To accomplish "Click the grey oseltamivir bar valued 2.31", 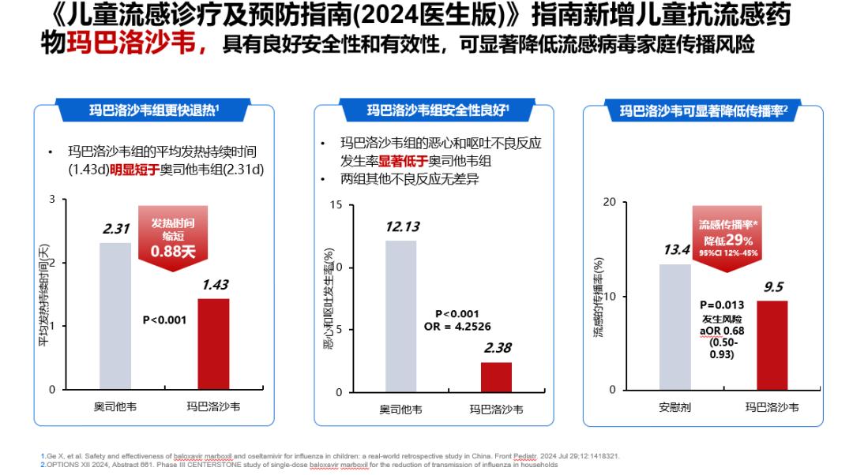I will [115, 316].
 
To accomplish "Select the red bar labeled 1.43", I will [212, 344].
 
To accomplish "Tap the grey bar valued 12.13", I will [400, 316].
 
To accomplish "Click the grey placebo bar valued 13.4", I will [675, 327].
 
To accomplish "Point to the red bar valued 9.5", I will [772, 345].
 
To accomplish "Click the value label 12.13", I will [402, 227].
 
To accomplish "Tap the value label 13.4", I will [676, 250].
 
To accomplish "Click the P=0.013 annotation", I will [722, 305].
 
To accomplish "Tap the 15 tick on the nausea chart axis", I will [337, 206].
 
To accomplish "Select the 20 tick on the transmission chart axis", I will [609, 202].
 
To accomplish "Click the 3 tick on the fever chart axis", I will [52, 200].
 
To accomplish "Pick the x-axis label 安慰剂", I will [675, 408].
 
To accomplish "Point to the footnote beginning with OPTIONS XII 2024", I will [300, 465].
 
